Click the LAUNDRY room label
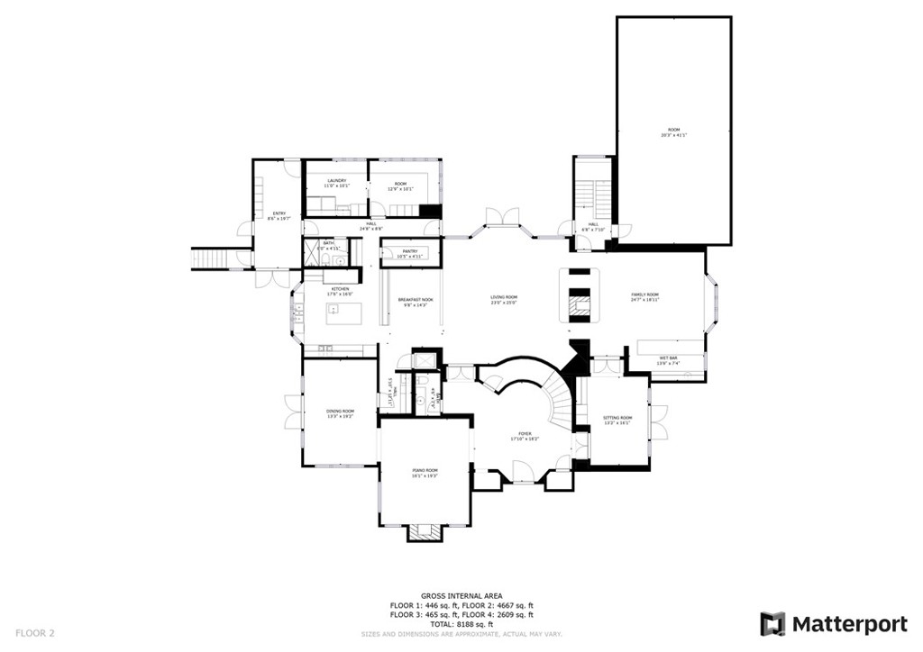pos(338,182)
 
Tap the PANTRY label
pos(409,252)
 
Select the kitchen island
pos(343,313)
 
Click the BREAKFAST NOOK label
pos(415,300)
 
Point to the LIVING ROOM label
pos(503,297)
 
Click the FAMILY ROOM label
pos(644,294)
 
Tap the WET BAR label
pos(668,358)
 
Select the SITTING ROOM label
pos(617,418)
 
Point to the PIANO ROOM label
pos(424,470)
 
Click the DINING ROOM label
pos(340,412)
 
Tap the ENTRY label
pos(279,213)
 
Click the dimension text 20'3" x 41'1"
pos(673,135)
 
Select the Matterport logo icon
pos(772,623)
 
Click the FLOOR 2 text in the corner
pos(35,633)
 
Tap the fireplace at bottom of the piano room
pos(424,532)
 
